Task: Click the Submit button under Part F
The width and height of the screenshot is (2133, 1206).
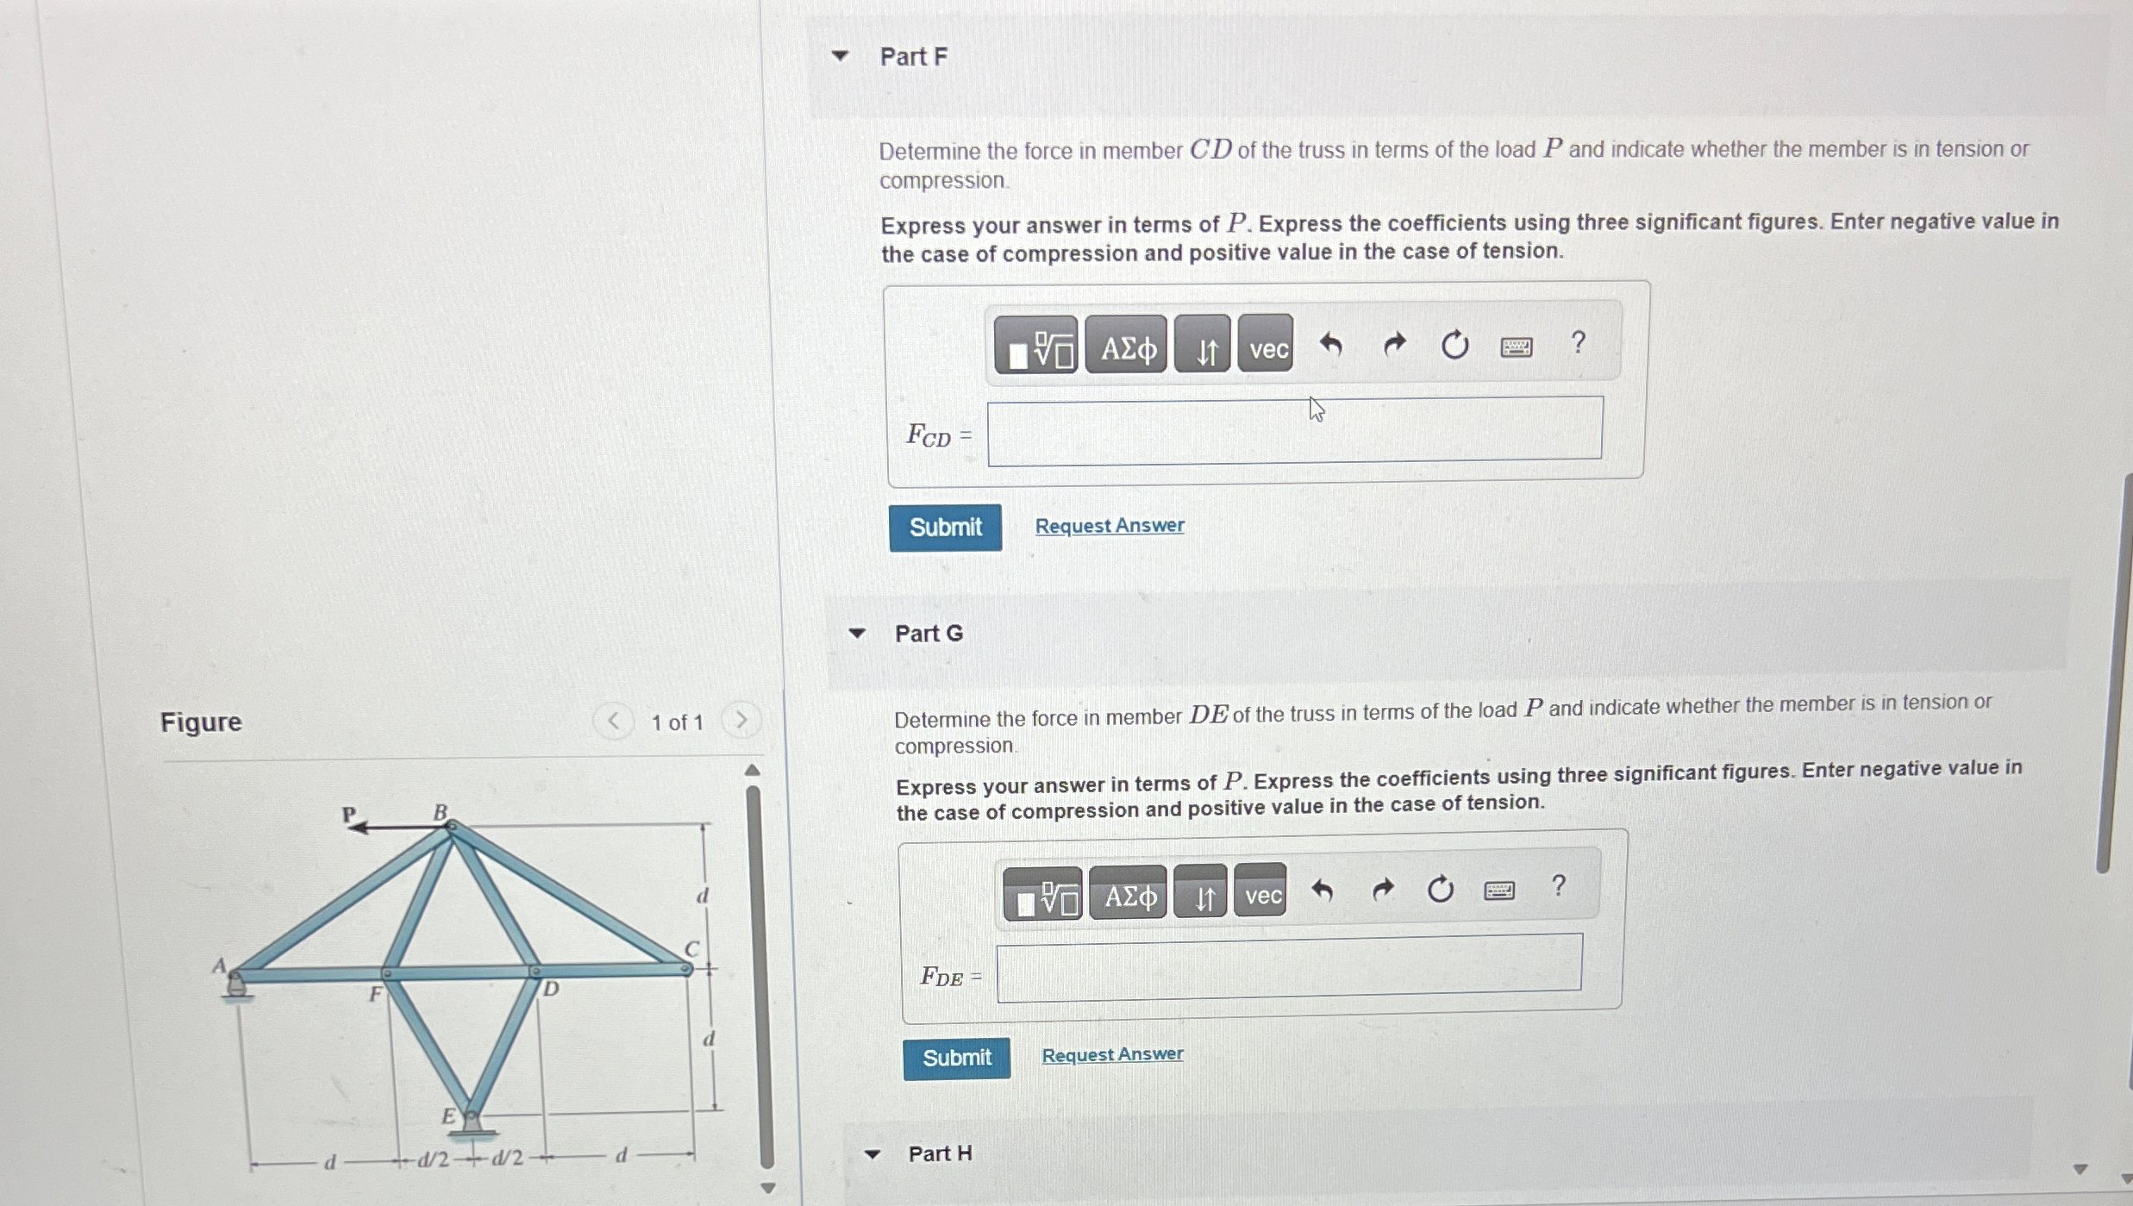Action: (x=945, y=527)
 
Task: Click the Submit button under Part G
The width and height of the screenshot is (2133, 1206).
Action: (x=956, y=1058)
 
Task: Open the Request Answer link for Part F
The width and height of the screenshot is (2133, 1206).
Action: (x=1109, y=525)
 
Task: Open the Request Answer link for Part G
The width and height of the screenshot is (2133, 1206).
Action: (x=1111, y=1054)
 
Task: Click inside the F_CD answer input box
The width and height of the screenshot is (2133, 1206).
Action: (x=1293, y=430)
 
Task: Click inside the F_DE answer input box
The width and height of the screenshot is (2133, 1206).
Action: (x=1288, y=967)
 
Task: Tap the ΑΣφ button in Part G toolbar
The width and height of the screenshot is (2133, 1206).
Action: (x=1128, y=896)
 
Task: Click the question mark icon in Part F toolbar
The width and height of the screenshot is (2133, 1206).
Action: (x=1577, y=343)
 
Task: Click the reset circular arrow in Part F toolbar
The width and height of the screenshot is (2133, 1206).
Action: (x=1454, y=346)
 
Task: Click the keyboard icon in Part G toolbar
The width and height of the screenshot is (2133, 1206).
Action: (x=1498, y=890)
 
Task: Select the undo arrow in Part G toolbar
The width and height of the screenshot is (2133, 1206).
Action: (x=1322, y=890)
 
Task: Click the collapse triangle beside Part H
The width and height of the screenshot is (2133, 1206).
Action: (x=872, y=1154)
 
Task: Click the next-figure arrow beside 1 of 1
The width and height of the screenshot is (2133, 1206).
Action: (x=741, y=720)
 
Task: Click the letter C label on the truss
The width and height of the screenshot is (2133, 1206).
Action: (x=691, y=948)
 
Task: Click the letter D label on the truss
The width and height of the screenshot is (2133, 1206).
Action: (x=551, y=990)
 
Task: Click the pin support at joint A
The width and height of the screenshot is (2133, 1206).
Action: (x=236, y=984)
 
